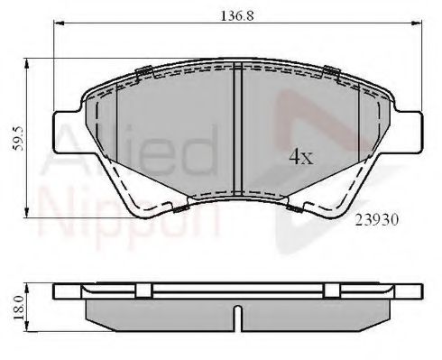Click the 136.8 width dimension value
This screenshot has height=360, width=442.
click(x=237, y=15)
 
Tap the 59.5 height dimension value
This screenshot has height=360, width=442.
click(x=18, y=138)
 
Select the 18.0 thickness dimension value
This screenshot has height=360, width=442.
click(x=18, y=308)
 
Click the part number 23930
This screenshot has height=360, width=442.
click(x=377, y=220)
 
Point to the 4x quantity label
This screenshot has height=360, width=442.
click(x=301, y=157)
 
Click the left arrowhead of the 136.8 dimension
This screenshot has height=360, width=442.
click(x=58, y=23)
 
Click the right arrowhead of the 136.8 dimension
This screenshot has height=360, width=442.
click(x=417, y=23)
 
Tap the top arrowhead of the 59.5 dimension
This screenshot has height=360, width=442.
click(x=26, y=63)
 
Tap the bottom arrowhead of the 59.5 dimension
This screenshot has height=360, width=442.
click(x=26, y=212)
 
